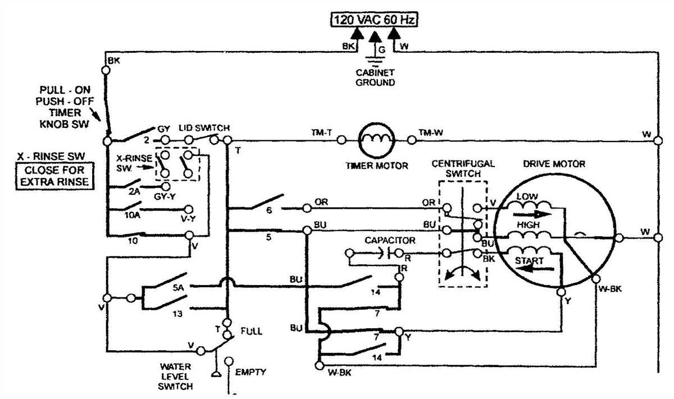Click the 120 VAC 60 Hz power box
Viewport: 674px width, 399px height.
coord(374,20)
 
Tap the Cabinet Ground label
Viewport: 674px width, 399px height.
coord(375,77)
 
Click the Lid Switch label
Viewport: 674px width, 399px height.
coord(204,129)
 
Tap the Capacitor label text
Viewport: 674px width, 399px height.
coord(390,240)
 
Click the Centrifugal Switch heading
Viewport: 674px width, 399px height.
coord(463,169)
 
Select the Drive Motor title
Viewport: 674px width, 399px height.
coord(554,164)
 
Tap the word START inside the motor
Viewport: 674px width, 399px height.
coord(530,261)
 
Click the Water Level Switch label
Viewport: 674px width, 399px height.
coord(175,378)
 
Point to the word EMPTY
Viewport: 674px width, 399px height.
coord(251,372)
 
